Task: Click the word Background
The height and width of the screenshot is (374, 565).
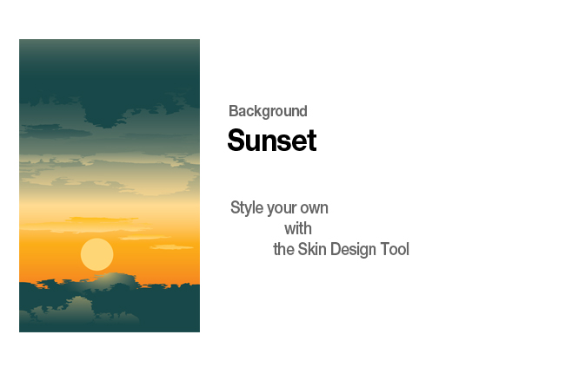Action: [268, 111]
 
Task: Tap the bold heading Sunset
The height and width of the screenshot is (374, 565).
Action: [272, 141]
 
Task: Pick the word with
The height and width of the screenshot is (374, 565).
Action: [298, 229]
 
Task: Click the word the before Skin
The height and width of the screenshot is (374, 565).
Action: [283, 249]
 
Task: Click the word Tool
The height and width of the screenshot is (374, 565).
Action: [395, 249]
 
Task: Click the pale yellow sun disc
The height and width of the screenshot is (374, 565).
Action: [97, 254]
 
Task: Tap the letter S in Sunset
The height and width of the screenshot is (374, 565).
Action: [236, 141]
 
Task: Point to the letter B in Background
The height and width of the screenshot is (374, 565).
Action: [234, 111]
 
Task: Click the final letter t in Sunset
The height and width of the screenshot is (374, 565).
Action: [312, 141]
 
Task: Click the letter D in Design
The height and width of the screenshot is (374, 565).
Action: [336, 249]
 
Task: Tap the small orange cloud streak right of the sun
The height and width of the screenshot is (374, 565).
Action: [171, 247]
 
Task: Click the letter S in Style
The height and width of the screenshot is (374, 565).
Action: [236, 207]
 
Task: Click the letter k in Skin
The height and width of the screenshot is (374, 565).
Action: [310, 249]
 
